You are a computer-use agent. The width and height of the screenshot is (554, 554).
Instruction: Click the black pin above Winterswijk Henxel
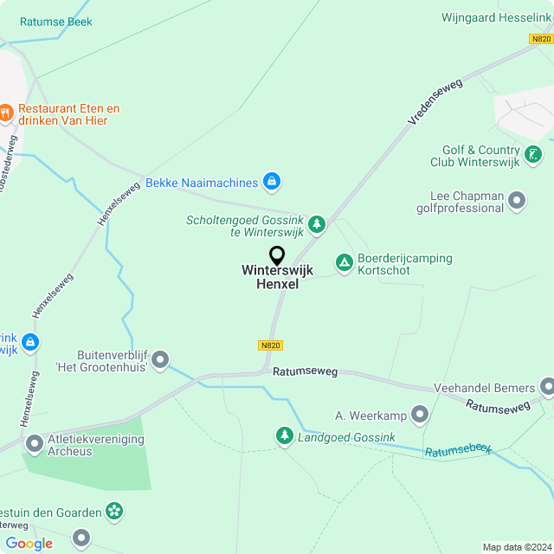pos(277,256)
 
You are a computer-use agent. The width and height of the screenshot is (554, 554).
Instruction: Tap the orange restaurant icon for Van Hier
pos(5,111)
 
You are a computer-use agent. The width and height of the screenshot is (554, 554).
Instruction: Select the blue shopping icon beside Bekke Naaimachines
pos(272,182)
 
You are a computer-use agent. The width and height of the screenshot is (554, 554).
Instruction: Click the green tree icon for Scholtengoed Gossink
pos(317,224)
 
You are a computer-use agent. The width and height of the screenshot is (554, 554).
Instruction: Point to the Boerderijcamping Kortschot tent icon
pos(344,261)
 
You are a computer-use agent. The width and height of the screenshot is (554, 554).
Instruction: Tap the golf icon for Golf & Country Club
pos(535,155)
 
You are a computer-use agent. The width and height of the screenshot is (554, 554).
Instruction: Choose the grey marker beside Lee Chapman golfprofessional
pos(518,201)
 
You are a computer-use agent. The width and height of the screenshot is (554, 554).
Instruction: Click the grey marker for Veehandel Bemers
pos(546,386)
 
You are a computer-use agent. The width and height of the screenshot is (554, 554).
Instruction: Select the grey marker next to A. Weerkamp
pos(421,415)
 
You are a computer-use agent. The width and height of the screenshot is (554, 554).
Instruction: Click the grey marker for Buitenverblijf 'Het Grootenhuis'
pos(159,359)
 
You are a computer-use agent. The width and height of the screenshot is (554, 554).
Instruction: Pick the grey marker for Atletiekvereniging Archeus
pos(35,444)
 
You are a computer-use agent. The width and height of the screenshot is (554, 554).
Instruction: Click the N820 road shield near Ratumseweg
pos(271,345)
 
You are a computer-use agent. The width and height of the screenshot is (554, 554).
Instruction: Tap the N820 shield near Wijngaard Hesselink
pos(541,39)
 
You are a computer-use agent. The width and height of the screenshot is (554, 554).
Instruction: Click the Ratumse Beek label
pos(55,22)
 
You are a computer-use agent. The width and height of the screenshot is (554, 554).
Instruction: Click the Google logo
pos(29,544)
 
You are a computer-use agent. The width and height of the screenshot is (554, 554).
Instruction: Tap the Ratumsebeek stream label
pos(458,450)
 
